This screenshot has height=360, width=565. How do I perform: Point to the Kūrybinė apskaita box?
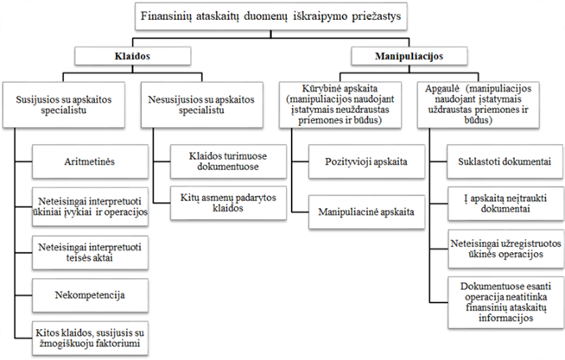pos(346,104)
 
